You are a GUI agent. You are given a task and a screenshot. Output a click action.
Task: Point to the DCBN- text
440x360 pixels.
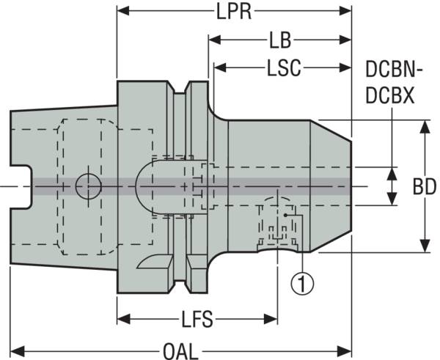point(393,70)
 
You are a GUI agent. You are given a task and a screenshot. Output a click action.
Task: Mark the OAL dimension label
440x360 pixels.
point(180,350)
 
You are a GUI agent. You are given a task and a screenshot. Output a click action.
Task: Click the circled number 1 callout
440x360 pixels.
point(303,281)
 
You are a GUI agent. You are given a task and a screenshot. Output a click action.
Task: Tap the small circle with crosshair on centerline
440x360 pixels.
point(88,185)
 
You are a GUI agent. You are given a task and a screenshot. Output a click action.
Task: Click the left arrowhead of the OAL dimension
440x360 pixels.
point(15,350)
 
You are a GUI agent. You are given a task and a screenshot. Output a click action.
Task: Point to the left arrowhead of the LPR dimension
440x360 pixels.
point(123,11)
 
